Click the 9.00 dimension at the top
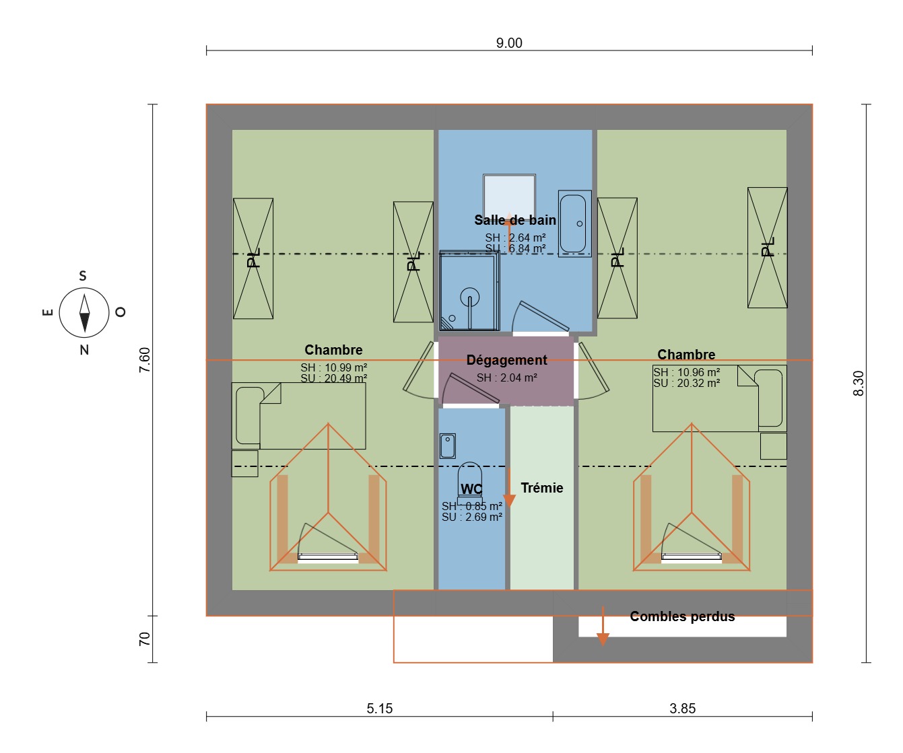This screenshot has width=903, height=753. coord(509,43)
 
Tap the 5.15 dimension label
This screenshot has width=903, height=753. coord(380,709)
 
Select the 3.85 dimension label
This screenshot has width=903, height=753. coord(682,709)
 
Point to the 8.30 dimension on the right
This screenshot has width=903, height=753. coord(859,384)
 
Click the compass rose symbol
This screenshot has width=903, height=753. coord(84,313)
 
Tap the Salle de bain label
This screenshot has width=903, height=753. coord(515,220)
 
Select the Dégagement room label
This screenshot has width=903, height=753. coord(506,360)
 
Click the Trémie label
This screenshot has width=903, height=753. coord(542,488)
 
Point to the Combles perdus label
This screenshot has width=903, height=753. coord(682,616)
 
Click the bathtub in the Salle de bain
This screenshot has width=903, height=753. coord(574,223)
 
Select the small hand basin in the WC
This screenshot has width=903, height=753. coord(448,445)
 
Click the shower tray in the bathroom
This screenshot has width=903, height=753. coord(469,291)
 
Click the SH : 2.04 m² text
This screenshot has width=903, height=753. coord(506,378)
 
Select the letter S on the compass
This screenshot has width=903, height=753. coord(83,276)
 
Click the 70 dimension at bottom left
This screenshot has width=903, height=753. coord(145,639)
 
